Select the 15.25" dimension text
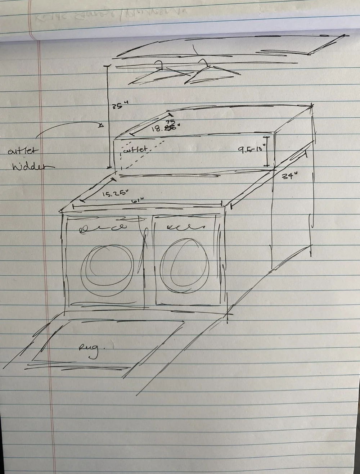coord(115,194)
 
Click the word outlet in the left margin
coord(23,151)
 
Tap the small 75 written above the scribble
coord(170,122)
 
